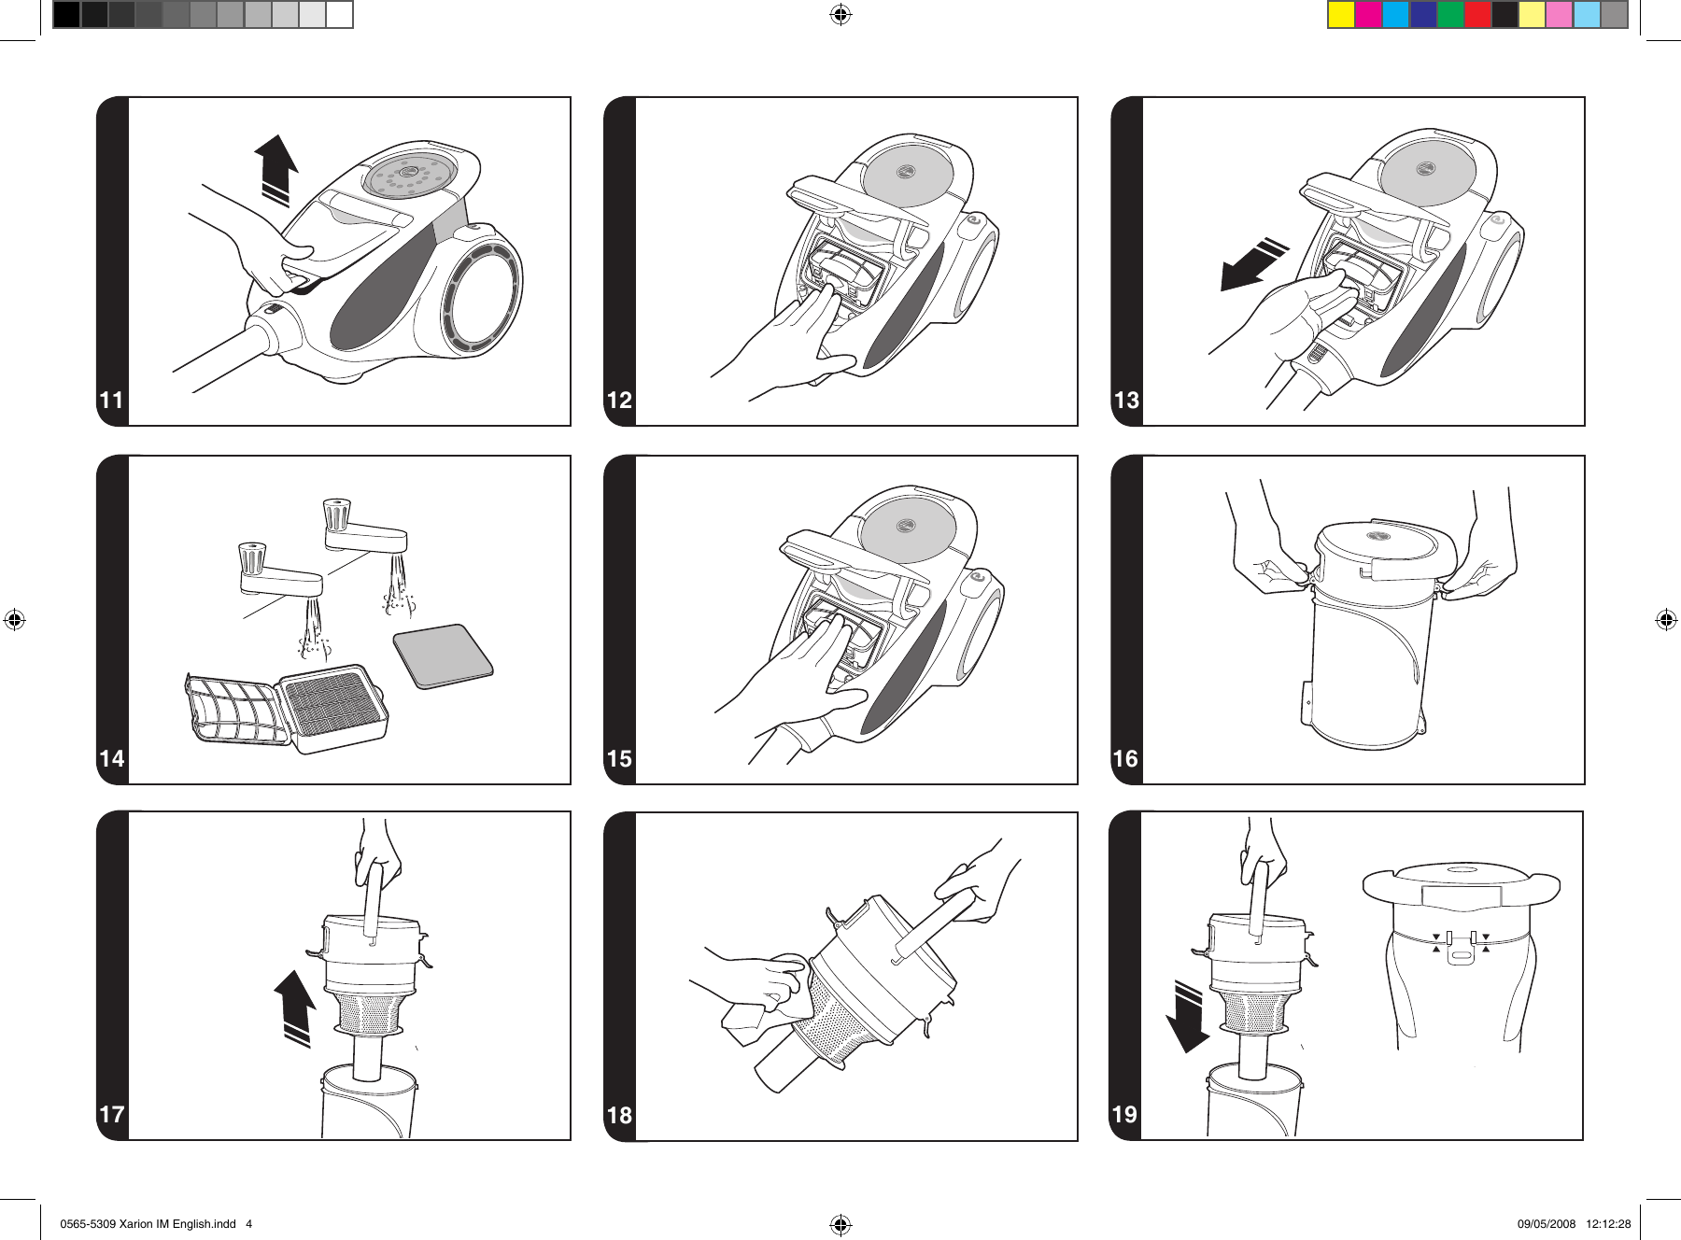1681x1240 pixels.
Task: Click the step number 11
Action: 111,401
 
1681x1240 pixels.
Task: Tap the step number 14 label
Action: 111,758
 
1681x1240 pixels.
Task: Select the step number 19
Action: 1124,1114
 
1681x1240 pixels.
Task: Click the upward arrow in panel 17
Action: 296,1007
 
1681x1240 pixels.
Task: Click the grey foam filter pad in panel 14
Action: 444,655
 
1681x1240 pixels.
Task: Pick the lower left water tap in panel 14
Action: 280,579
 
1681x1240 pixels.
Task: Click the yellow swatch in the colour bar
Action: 1341,15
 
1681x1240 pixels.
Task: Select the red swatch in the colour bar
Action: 1477,15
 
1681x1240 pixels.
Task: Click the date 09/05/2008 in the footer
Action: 1546,1224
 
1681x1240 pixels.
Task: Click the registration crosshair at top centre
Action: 840,14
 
